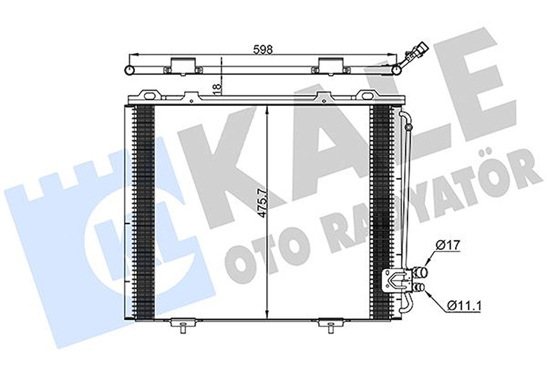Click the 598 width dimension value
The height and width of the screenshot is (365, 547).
click(263, 48)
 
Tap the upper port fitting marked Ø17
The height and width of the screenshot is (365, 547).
click(422, 271)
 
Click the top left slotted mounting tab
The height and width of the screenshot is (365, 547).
click(151, 95)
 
